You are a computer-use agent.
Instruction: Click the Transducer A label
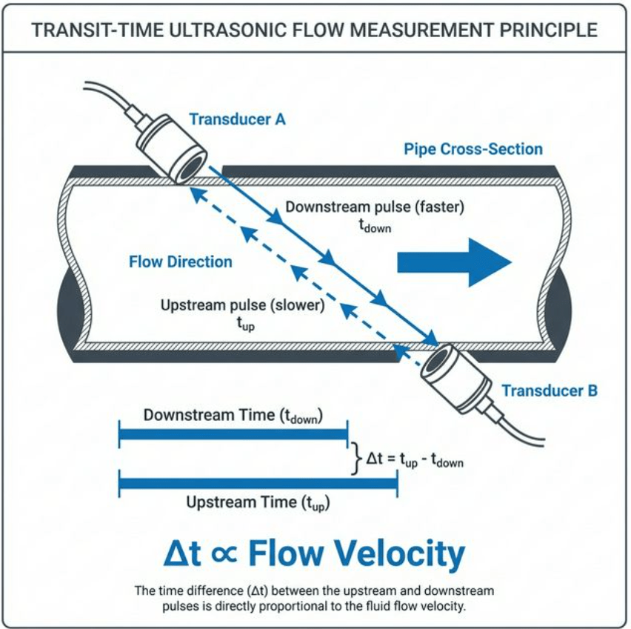[x=237, y=119]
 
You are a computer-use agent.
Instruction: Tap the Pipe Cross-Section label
[x=473, y=149]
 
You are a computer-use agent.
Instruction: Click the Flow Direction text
[x=180, y=262]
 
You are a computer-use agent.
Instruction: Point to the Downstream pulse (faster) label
[x=375, y=207]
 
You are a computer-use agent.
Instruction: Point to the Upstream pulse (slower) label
[x=242, y=305]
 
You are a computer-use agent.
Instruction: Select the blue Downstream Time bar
[x=233, y=434]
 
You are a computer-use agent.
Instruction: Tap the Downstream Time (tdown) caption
[x=233, y=416]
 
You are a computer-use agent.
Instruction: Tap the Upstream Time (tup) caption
[x=258, y=503]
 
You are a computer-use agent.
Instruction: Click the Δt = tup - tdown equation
[x=415, y=460]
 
